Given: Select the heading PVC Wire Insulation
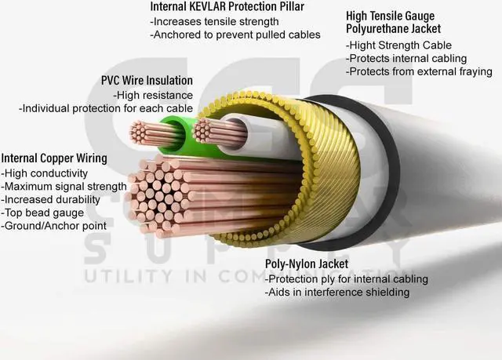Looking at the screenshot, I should point(147,81).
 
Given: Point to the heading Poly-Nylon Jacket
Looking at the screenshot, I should point(307,264).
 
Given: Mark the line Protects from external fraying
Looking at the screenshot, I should point(419,71).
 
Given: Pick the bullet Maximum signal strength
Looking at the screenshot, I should point(64,186).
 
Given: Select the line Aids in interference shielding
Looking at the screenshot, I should point(337,293).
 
